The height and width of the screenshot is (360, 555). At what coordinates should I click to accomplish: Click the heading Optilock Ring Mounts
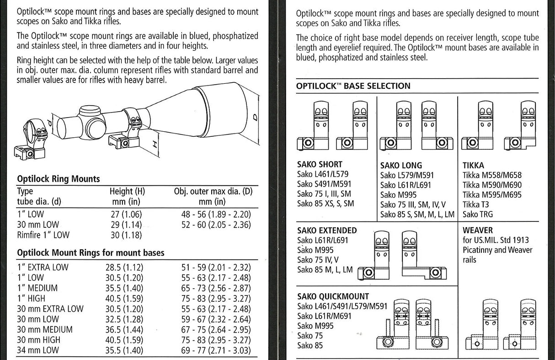tap(58, 179)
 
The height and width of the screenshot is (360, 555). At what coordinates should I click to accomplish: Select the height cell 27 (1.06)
tap(126, 215)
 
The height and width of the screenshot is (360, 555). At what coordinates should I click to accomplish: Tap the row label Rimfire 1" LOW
tap(43, 235)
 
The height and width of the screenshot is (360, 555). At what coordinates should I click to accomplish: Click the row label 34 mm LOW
tap(38, 350)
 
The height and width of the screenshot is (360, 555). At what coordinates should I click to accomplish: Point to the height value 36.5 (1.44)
tap(124, 329)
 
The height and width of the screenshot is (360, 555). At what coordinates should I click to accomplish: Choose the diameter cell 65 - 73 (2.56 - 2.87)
tap(216, 288)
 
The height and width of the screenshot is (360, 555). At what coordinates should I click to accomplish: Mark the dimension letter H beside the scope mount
tap(155, 144)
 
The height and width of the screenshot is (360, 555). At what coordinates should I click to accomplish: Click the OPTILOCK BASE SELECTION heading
tap(353, 86)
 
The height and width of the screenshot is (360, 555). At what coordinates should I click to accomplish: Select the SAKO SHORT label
tap(320, 164)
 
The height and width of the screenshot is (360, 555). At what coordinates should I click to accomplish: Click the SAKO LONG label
tap(401, 165)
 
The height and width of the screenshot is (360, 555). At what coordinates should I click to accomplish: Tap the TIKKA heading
tap(473, 165)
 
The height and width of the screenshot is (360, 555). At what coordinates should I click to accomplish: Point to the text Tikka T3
tap(475, 204)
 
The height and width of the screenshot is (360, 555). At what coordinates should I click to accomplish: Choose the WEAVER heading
tap(478, 230)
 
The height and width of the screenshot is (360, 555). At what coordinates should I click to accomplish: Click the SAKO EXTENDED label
tap(327, 230)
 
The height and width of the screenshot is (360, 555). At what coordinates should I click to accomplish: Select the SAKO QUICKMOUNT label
tap(333, 296)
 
